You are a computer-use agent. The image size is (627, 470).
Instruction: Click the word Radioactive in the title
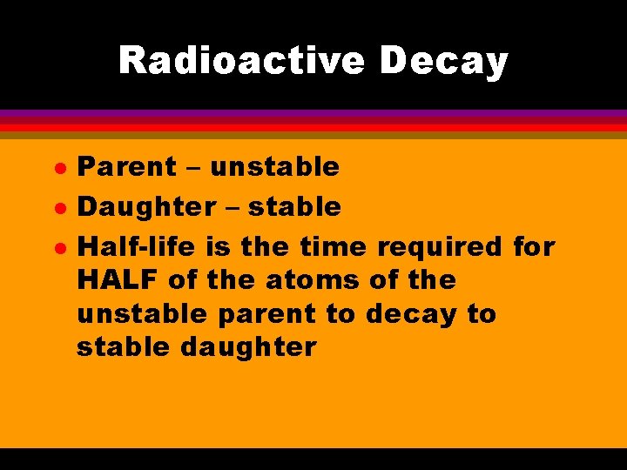coord(241,61)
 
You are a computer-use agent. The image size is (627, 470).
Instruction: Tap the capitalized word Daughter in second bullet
coord(145,206)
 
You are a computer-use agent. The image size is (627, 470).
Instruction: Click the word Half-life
coord(138,246)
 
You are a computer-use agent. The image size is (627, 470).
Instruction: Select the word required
coord(440,247)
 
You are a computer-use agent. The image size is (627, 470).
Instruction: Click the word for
coord(534,246)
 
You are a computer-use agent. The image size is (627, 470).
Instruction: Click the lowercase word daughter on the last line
coord(249,347)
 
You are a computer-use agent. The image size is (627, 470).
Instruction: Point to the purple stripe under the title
coord(313,114)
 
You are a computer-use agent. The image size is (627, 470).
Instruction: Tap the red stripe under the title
coord(313,126)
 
